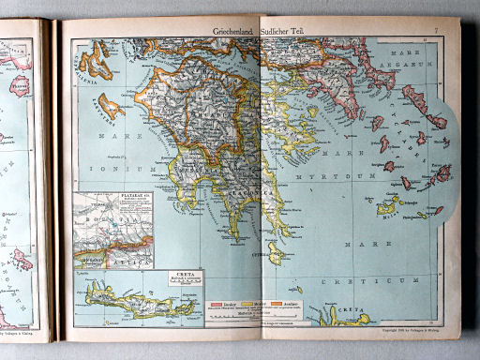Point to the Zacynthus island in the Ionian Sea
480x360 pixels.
110,105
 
